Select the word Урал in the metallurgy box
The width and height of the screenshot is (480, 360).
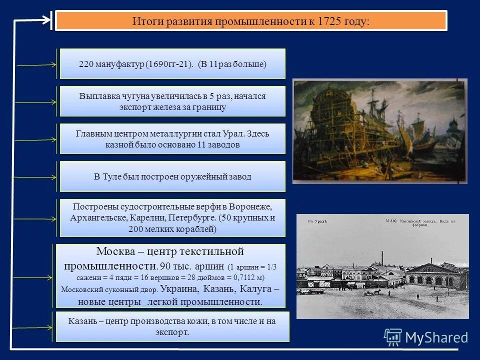(x=219, y=134)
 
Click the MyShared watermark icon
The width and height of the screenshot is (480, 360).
(x=392, y=337)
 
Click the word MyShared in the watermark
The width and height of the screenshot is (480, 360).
(x=436, y=338)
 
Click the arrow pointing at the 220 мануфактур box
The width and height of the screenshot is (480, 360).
(x=37, y=64)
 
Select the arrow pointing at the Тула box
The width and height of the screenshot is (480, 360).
(x=35, y=177)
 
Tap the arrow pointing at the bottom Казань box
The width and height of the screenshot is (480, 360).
(x=32, y=327)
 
